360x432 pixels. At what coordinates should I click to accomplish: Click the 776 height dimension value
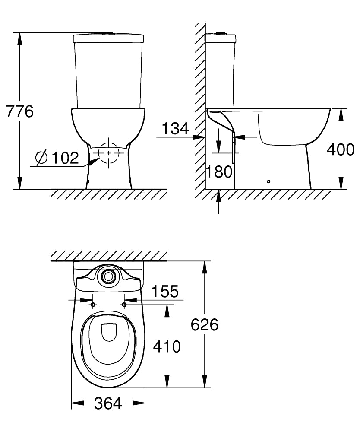pos(20,111)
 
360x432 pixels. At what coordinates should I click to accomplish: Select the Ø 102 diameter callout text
pos(58,159)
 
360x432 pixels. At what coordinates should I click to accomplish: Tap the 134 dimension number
pos(176,128)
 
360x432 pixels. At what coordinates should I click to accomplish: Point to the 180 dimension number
pos(219,172)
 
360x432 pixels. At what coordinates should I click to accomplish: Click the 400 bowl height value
pos(341,149)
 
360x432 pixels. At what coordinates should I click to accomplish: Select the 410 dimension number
pos(166,346)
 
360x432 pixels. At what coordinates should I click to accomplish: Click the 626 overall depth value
pos(204,325)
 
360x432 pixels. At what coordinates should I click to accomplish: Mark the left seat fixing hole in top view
pos(93,305)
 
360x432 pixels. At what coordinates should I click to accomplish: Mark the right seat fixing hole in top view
pos(124,305)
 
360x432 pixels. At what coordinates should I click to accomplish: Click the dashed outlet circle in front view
pos(108,153)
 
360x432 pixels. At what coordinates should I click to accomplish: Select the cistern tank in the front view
pos(108,71)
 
